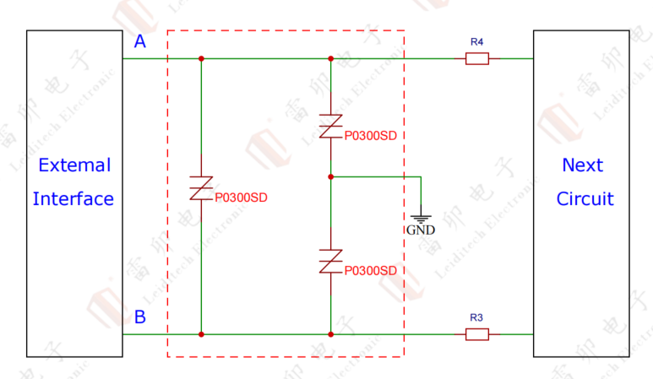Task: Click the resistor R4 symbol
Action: point(476,58)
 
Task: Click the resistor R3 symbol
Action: point(476,334)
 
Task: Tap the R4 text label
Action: point(476,41)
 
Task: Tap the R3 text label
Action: point(476,317)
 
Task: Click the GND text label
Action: point(420,230)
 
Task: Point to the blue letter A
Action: point(140,42)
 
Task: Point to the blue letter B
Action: point(140,318)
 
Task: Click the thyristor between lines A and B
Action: point(201,189)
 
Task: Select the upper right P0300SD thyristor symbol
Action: point(330,127)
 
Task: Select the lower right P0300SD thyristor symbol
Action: point(330,262)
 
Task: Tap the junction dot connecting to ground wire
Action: point(330,177)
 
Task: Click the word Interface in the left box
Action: point(73,199)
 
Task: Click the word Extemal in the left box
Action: point(74,165)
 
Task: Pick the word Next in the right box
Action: point(583,165)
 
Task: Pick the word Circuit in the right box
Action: point(585,199)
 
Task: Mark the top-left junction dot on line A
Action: point(201,59)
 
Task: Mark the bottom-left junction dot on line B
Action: point(201,334)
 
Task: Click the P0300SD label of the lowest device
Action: point(370,270)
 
